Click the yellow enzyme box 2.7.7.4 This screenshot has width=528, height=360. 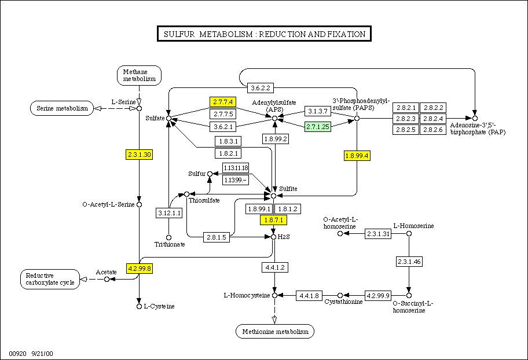pyautogui.click(x=222, y=101)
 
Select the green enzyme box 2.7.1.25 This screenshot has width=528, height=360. pyautogui.click(x=317, y=126)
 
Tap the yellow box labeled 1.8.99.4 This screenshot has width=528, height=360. pyautogui.click(x=357, y=156)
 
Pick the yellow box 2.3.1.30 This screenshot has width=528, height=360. pyautogui.click(x=139, y=155)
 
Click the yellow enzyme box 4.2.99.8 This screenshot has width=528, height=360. pyautogui.click(x=139, y=269)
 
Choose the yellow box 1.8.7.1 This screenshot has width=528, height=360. pyautogui.click(x=274, y=220)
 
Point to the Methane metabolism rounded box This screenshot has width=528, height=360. pyautogui.click(x=140, y=75)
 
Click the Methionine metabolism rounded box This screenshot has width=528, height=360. pyautogui.click(x=275, y=331)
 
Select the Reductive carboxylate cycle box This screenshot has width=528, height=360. pyautogui.click(x=50, y=279)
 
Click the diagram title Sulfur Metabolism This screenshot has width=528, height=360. pyautogui.click(x=264, y=34)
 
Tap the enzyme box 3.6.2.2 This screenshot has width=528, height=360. pyautogui.click(x=260, y=88)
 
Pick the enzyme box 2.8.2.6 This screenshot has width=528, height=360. pyautogui.click(x=432, y=130)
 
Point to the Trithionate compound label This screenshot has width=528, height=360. pyautogui.click(x=170, y=244)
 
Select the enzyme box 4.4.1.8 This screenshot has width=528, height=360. pyautogui.click(x=309, y=295)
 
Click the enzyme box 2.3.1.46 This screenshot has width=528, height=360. pyautogui.click(x=409, y=262)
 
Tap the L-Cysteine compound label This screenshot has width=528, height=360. pyautogui.click(x=159, y=306)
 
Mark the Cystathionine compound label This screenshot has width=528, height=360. pyautogui.click(x=343, y=302)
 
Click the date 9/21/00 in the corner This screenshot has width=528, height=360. pyautogui.click(x=42, y=352)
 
